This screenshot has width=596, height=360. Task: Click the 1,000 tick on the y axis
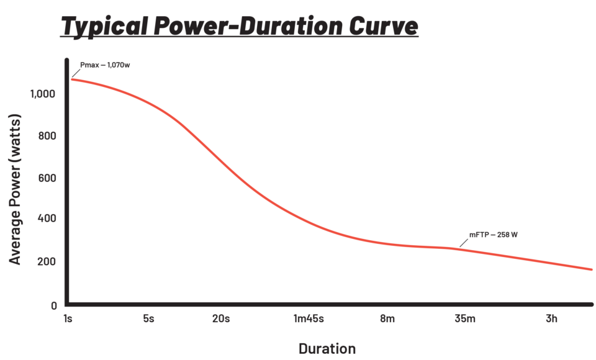point(43,94)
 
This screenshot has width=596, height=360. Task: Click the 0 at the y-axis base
point(54,305)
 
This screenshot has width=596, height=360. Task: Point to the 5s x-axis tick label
point(148,320)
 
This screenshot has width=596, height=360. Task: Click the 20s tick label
point(222,320)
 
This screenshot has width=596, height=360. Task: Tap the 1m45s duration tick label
point(309,320)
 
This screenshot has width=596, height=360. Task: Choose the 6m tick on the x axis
point(387,320)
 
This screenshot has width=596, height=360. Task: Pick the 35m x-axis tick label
point(465,320)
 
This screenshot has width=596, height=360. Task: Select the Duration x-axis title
point(327,348)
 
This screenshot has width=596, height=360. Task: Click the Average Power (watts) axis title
point(16,189)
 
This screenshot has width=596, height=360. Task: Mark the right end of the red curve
point(591,269)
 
